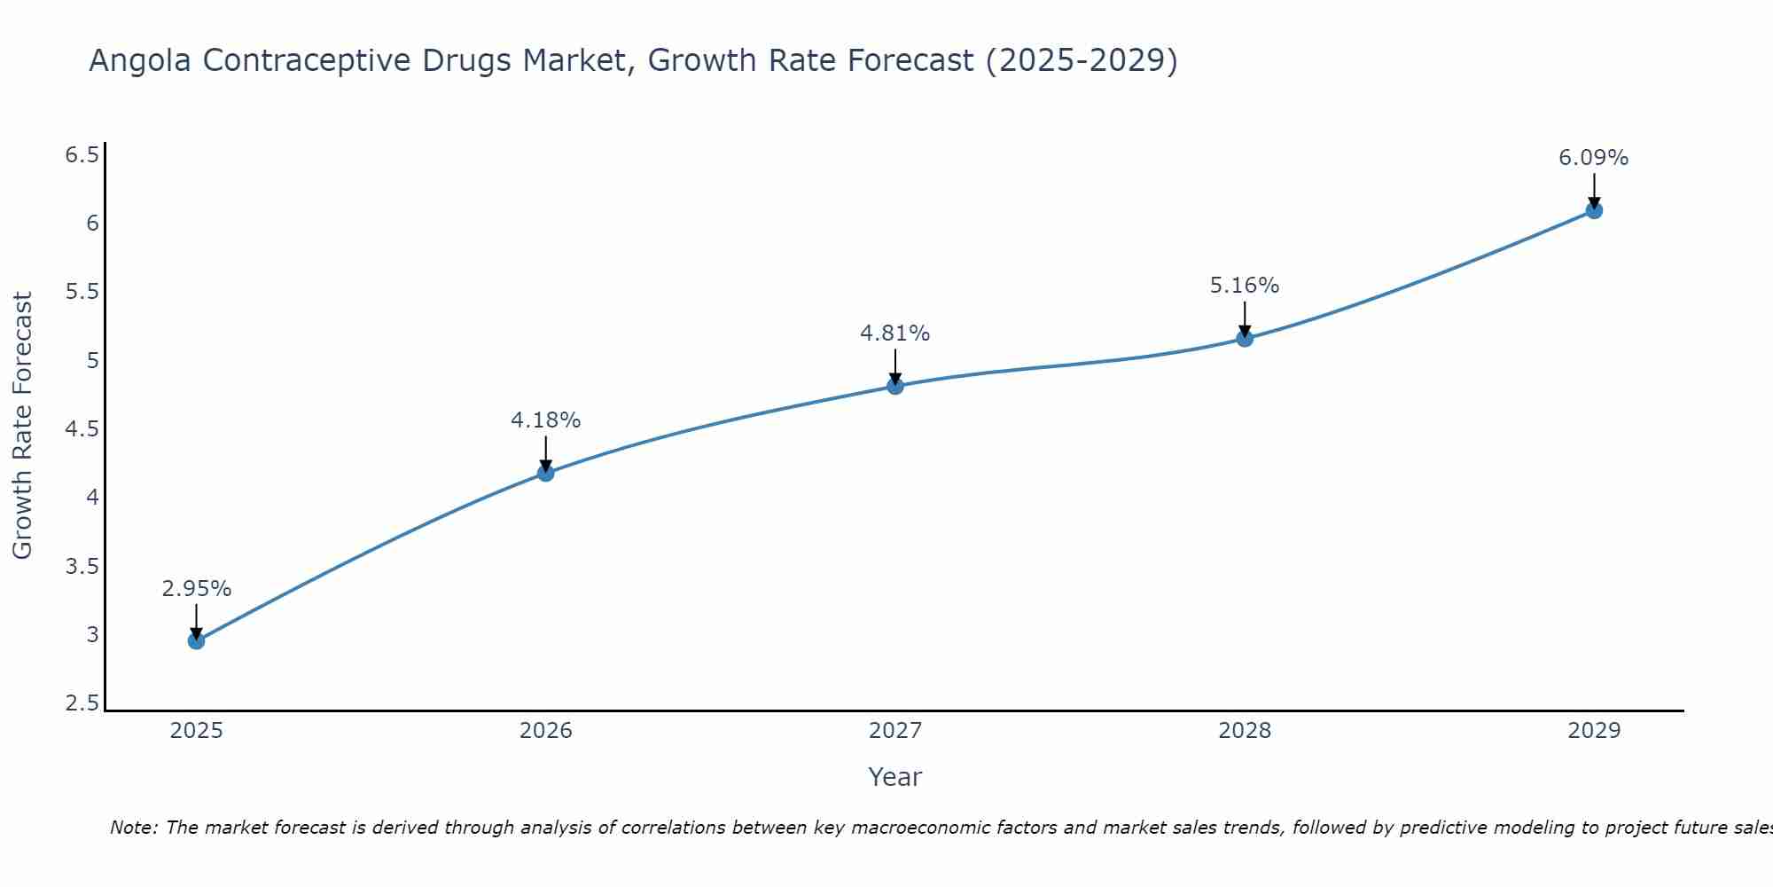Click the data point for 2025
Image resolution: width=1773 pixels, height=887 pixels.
tap(196, 640)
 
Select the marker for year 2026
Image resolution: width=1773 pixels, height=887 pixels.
tap(545, 473)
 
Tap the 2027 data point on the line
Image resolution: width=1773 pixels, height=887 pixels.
tap(895, 386)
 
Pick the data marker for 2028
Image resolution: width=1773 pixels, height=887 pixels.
tap(1245, 338)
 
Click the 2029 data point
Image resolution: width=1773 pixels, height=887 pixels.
tap(1594, 210)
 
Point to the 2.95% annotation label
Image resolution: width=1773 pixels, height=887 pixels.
tap(196, 589)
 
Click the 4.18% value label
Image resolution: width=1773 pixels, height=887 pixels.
tap(545, 420)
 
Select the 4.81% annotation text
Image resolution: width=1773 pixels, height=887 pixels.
tap(895, 334)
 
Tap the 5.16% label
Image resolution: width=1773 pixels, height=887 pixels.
tap(1245, 286)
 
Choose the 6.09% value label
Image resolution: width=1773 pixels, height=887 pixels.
tap(1594, 158)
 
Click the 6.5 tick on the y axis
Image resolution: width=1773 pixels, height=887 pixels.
tap(82, 155)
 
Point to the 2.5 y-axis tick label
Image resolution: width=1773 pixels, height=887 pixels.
tap(82, 703)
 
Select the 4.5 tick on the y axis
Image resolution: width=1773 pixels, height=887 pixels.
tap(82, 429)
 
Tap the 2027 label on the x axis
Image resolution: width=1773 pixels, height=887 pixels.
tap(895, 731)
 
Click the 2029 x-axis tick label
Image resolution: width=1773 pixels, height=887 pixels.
tap(1594, 731)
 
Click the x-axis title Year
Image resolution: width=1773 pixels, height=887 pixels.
tap(895, 777)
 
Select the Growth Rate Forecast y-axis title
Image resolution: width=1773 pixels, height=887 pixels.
tap(22, 426)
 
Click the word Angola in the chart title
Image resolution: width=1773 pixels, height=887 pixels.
tap(141, 61)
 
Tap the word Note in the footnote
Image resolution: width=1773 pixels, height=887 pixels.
tap(133, 828)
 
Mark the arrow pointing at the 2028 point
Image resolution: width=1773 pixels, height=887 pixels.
tap(1245, 319)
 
